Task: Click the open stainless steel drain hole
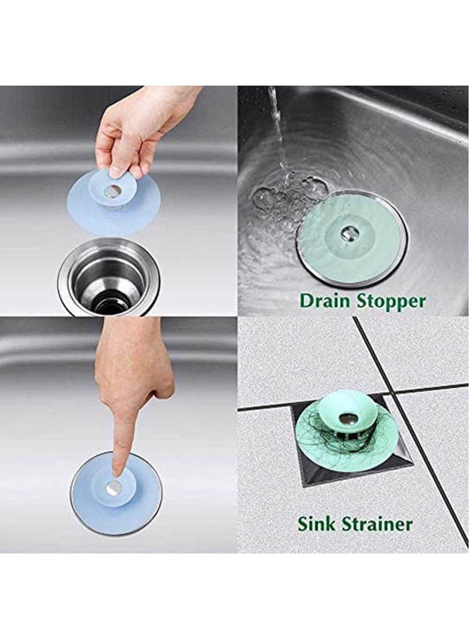coord(109,278)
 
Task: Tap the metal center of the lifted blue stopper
coord(112,190)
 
